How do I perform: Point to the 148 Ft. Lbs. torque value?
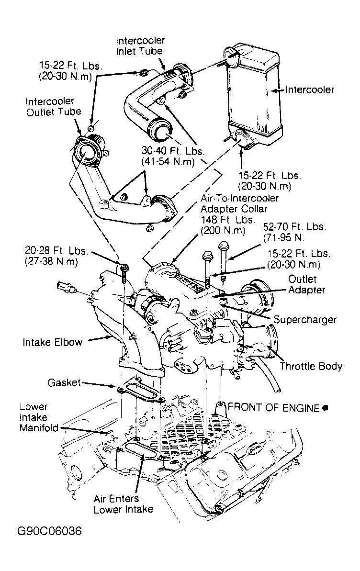[x=223, y=225]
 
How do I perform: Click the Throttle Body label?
[x=311, y=367]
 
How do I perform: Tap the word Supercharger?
[x=305, y=319]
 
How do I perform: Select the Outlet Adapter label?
[x=306, y=284]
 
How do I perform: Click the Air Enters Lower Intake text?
[x=123, y=504]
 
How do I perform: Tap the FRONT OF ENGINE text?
[x=273, y=408]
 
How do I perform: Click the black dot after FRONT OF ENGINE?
[x=325, y=408]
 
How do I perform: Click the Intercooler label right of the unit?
[x=310, y=90]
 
